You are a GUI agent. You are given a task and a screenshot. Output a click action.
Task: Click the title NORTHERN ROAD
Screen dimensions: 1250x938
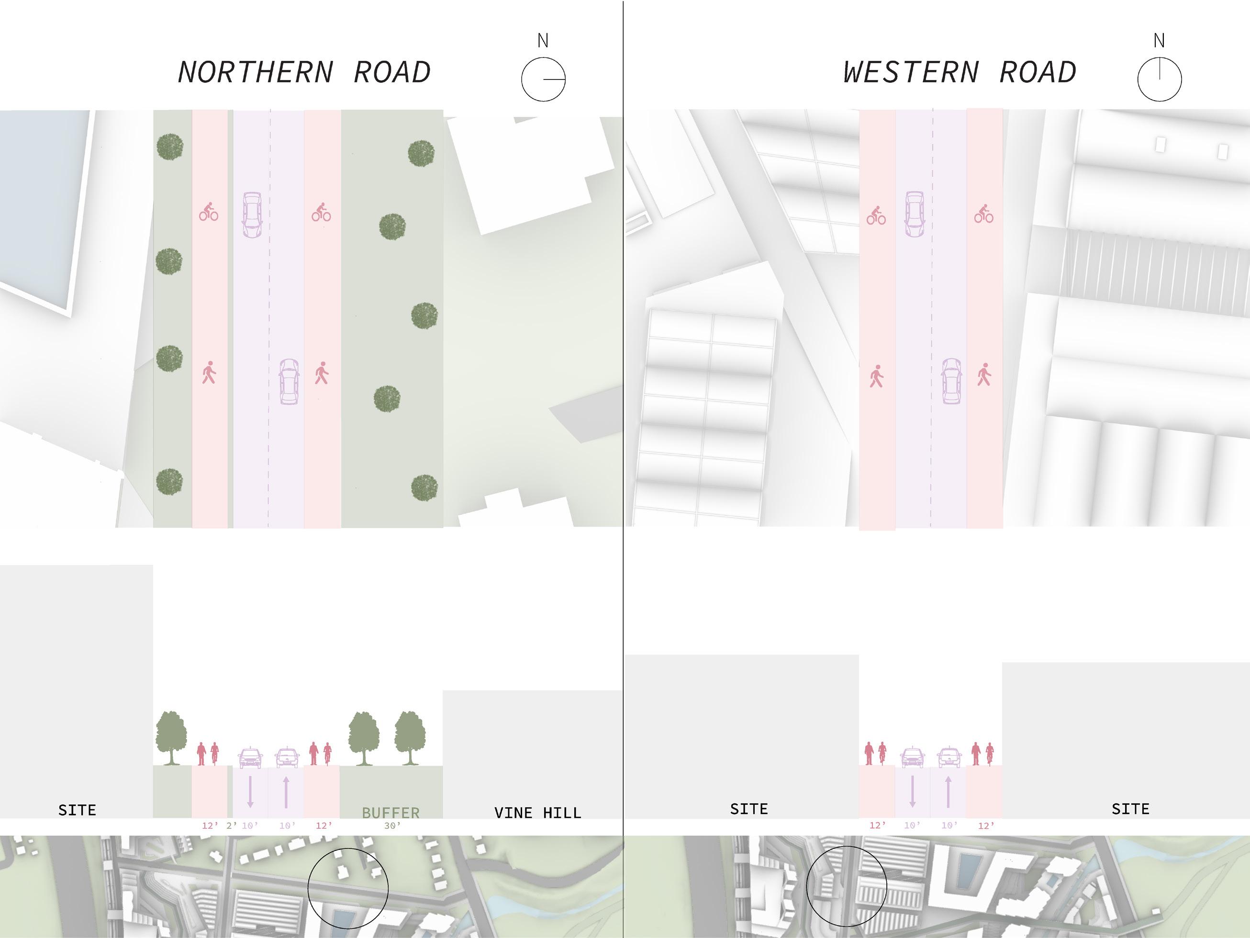(304, 72)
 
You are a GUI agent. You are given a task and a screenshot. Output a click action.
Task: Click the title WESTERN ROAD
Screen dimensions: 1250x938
(959, 72)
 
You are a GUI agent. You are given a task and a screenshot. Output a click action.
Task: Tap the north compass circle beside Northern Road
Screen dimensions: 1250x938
(543, 79)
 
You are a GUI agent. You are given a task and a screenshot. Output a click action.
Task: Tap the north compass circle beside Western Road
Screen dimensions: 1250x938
(1159, 79)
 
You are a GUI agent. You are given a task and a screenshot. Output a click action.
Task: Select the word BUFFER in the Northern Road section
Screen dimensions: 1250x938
(391, 813)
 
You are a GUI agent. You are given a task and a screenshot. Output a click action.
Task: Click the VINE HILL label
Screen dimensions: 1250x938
(537, 813)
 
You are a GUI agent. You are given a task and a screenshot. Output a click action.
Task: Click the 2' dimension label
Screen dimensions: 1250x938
(232, 825)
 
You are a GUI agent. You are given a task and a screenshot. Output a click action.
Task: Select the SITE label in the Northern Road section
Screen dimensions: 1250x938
(78, 810)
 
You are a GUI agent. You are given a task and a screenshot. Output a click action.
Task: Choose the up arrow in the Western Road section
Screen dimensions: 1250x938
(948, 791)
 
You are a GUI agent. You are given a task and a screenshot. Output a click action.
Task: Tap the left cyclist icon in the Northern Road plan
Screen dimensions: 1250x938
(209, 212)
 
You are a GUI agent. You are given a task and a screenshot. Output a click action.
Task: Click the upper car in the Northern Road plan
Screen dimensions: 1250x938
(252, 215)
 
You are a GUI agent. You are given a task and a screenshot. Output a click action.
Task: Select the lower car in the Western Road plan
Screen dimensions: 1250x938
(952, 381)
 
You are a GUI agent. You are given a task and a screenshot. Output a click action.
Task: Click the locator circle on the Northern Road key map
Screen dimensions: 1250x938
(348, 888)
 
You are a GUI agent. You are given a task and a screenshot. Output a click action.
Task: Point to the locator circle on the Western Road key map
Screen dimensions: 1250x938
(846, 886)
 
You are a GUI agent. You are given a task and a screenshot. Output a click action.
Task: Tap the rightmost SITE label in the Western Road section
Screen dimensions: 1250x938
(1130, 809)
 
